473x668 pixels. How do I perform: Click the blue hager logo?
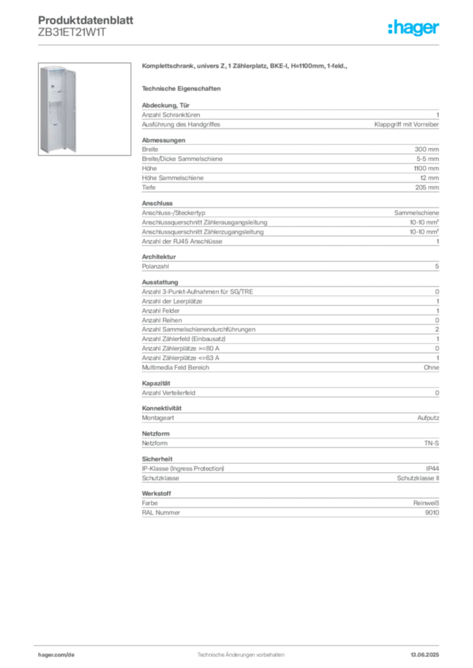click(x=415, y=27)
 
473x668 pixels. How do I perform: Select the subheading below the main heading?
click(x=184, y=88)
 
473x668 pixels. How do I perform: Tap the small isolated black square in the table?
click(x=152, y=378)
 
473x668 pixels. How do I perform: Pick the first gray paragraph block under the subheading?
click(x=289, y=117)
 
